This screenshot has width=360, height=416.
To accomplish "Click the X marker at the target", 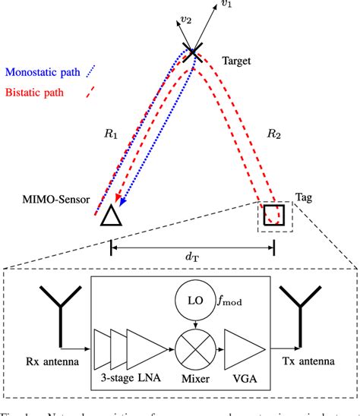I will coord(192,54).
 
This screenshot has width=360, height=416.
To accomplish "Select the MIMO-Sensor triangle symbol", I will coord(112,216).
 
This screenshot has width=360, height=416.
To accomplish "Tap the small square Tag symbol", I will coord(273,216).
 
